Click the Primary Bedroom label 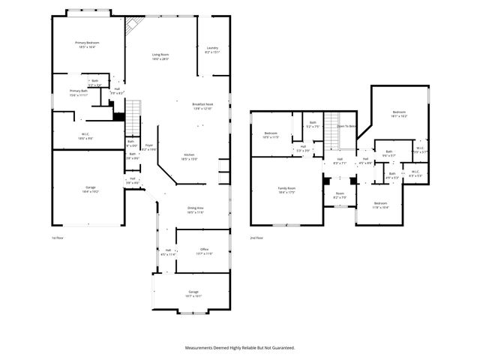pyautogui.click(x=87, y=43)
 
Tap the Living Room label pyautogui.click(x=160, y=54)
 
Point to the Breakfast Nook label pyautogui.click(x=202, y=104)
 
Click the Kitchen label pyautogui.click(x=187, y=154)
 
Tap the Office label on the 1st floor pyautogui.click(x=204, y=249)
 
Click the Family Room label pyautogui.click(x=286, y=188)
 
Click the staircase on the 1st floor pyautogui.click(x=133, y=114)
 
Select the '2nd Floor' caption pyautogui.click(x=256, y=237)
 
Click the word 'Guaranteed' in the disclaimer pyautogui.click(x=278, y=348)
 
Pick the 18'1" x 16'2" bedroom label pyautogui.click(x=399, y=113)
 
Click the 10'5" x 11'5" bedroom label pyautogui.click(x=271, y=135)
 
